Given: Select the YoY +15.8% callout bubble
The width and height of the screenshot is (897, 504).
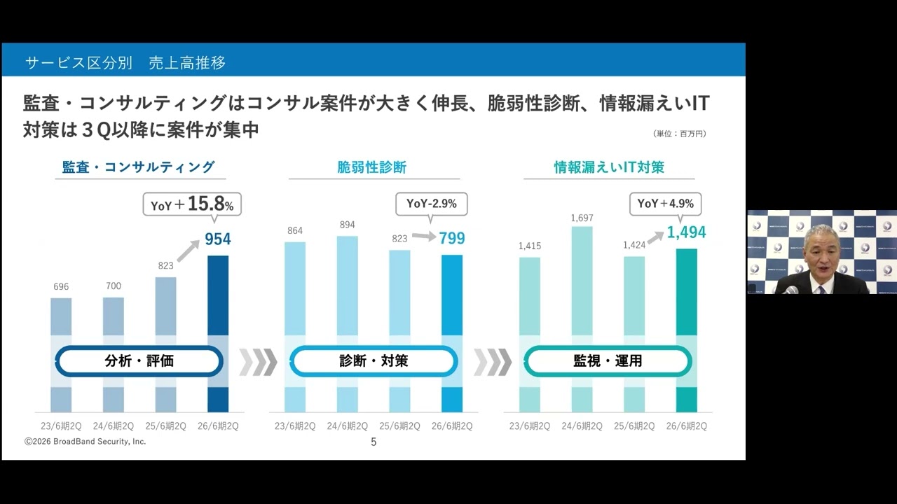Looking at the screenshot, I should [191, 204].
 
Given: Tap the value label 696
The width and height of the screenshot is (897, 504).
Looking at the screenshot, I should [61, 287].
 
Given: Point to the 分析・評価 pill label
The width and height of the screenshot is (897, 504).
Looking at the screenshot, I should [139, 361].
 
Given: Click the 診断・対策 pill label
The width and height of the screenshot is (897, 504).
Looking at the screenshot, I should [374, 361].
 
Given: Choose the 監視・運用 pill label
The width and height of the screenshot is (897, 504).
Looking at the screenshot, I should [608, 361].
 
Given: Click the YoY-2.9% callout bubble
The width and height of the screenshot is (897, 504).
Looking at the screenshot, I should [431, 204].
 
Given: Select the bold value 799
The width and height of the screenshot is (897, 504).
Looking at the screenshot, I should [451, 239].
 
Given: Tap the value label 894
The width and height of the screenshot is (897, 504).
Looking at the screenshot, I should [347, 225].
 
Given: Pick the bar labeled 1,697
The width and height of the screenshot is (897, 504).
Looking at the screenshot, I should [582, 280].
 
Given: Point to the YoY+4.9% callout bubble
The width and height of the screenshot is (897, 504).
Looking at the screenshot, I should [665, 204].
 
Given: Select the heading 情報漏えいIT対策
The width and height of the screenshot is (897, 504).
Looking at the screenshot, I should [608, 167].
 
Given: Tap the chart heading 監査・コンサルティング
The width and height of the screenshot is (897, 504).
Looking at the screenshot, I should [138, 167].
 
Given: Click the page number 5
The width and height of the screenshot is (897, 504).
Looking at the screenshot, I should [374, 442].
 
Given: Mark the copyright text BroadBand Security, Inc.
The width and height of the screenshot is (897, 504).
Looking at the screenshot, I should [85, 442].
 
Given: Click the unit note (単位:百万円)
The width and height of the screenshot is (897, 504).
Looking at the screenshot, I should [679, 134].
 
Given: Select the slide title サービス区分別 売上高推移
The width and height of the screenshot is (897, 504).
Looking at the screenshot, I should [125, 63].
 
